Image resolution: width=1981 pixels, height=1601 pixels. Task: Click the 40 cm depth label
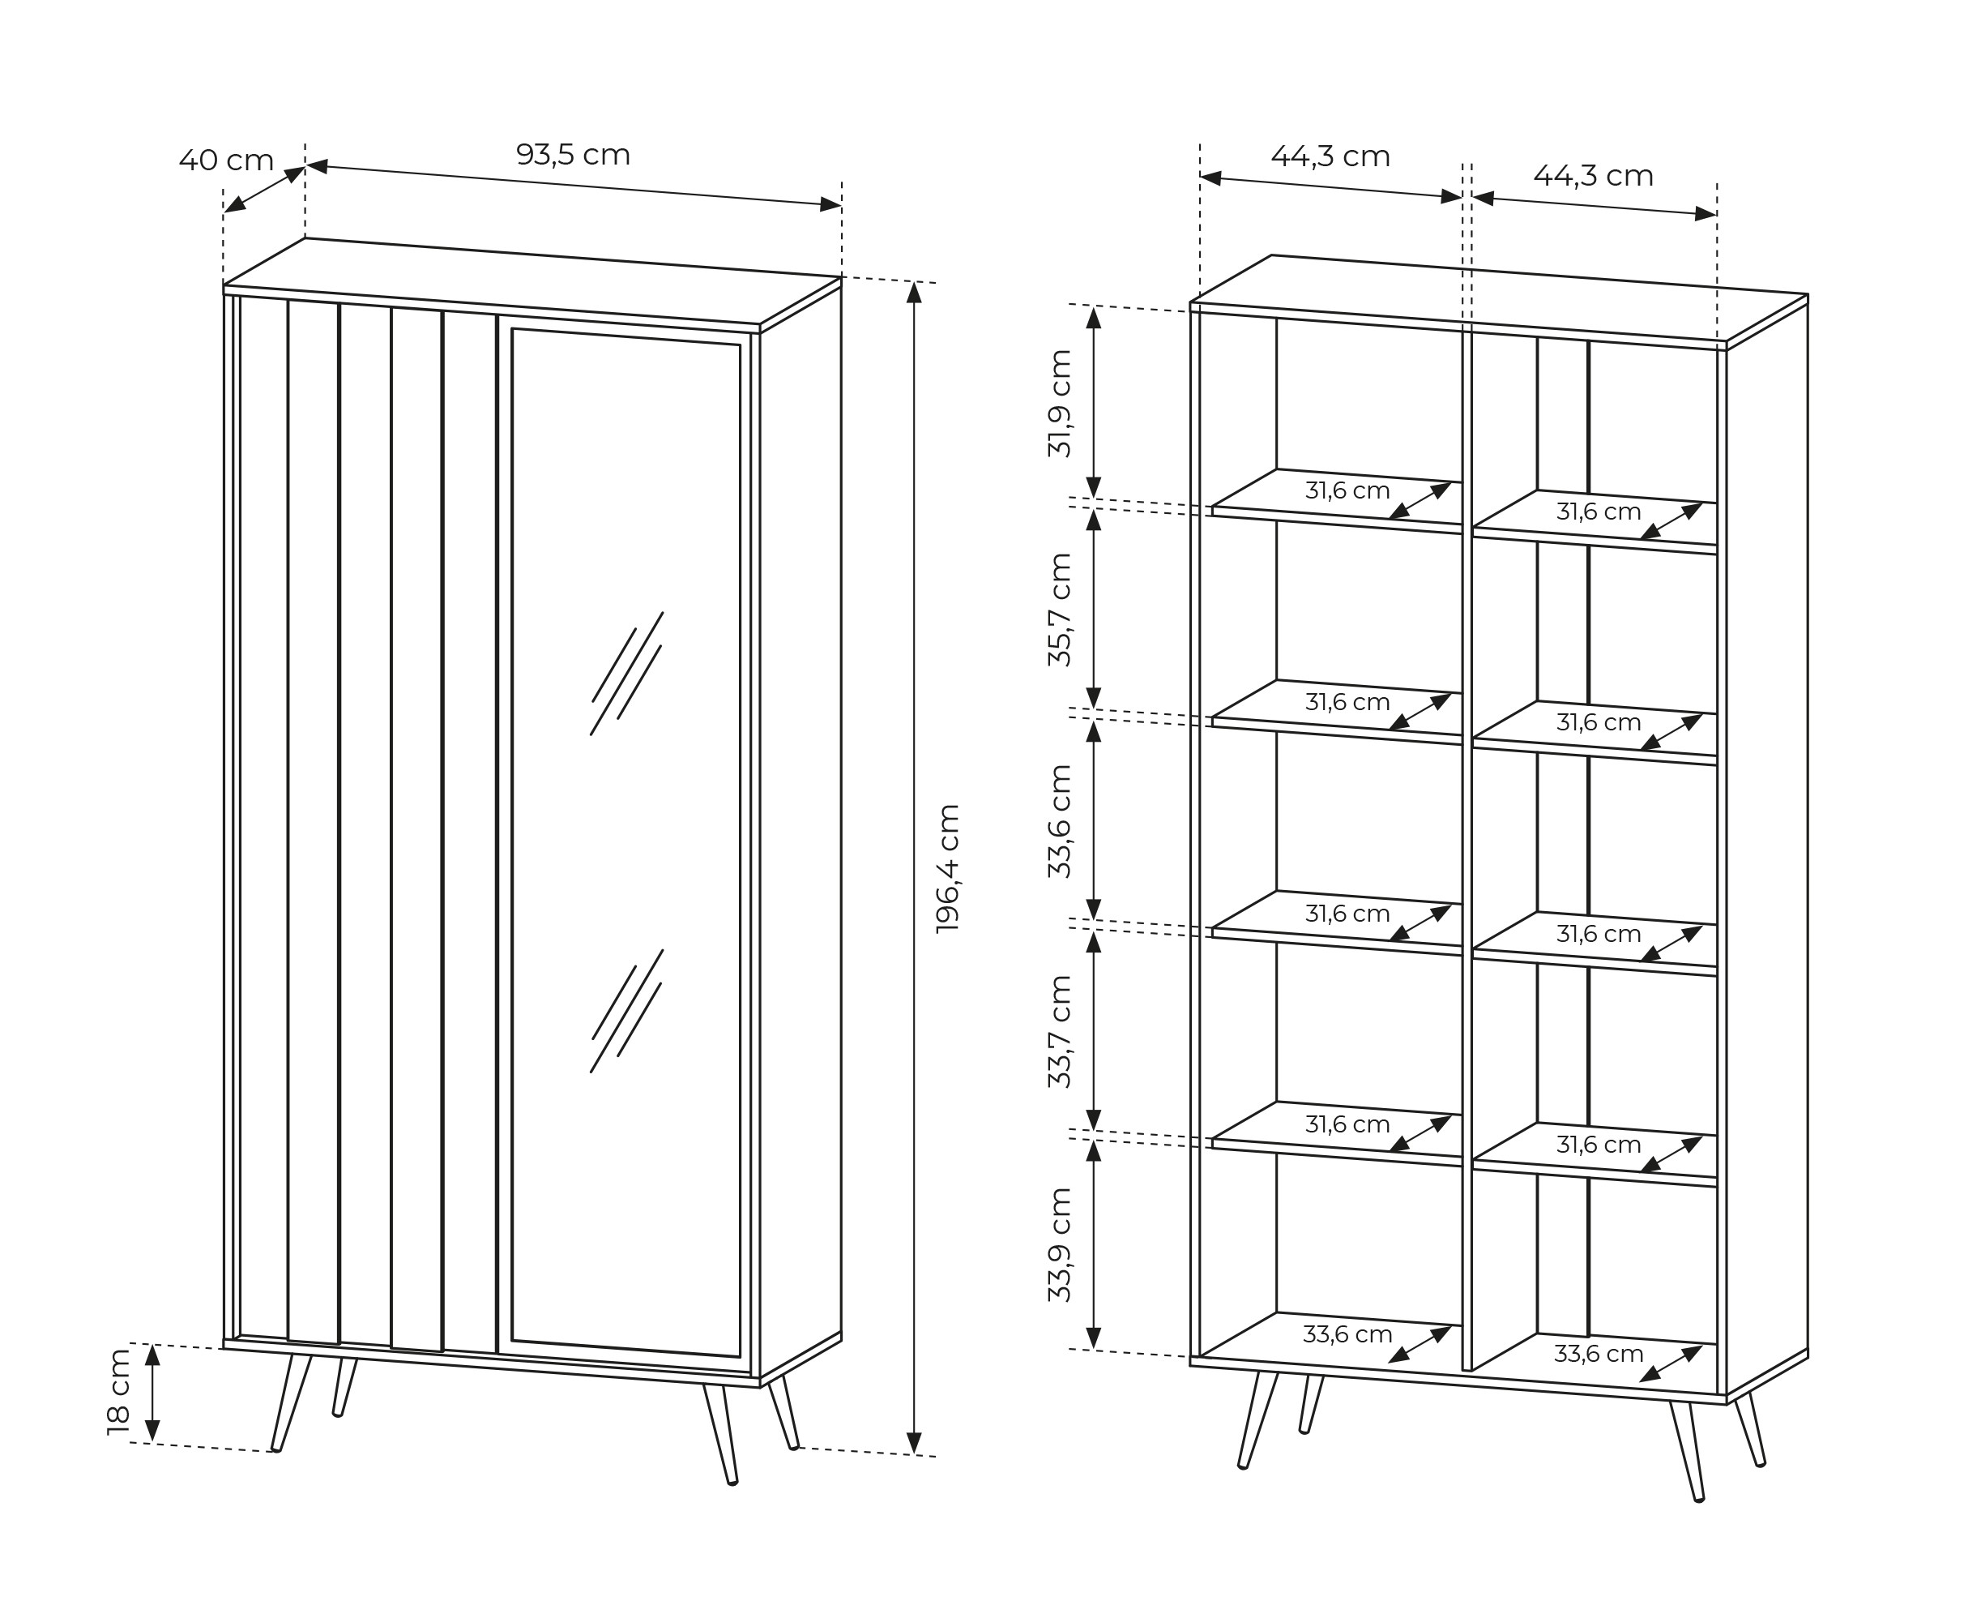226,161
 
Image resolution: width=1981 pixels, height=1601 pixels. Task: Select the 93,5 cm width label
573,155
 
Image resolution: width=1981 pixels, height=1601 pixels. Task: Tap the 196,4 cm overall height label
948,868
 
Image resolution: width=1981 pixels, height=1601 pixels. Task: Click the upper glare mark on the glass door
627,674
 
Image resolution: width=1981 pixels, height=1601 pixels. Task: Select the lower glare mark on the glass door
627,1011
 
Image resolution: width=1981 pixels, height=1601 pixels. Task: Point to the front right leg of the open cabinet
1688,1452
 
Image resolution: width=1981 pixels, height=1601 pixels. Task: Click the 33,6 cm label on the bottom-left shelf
1347,1333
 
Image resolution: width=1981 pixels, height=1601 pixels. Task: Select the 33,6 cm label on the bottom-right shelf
1599,1354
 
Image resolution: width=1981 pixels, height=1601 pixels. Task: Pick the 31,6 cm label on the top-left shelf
1347,490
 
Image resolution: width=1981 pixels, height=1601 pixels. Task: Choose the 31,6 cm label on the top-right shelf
1599,511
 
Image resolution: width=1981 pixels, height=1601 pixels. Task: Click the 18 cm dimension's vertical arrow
153,1393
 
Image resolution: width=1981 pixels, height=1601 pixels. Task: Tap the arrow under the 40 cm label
265,189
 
